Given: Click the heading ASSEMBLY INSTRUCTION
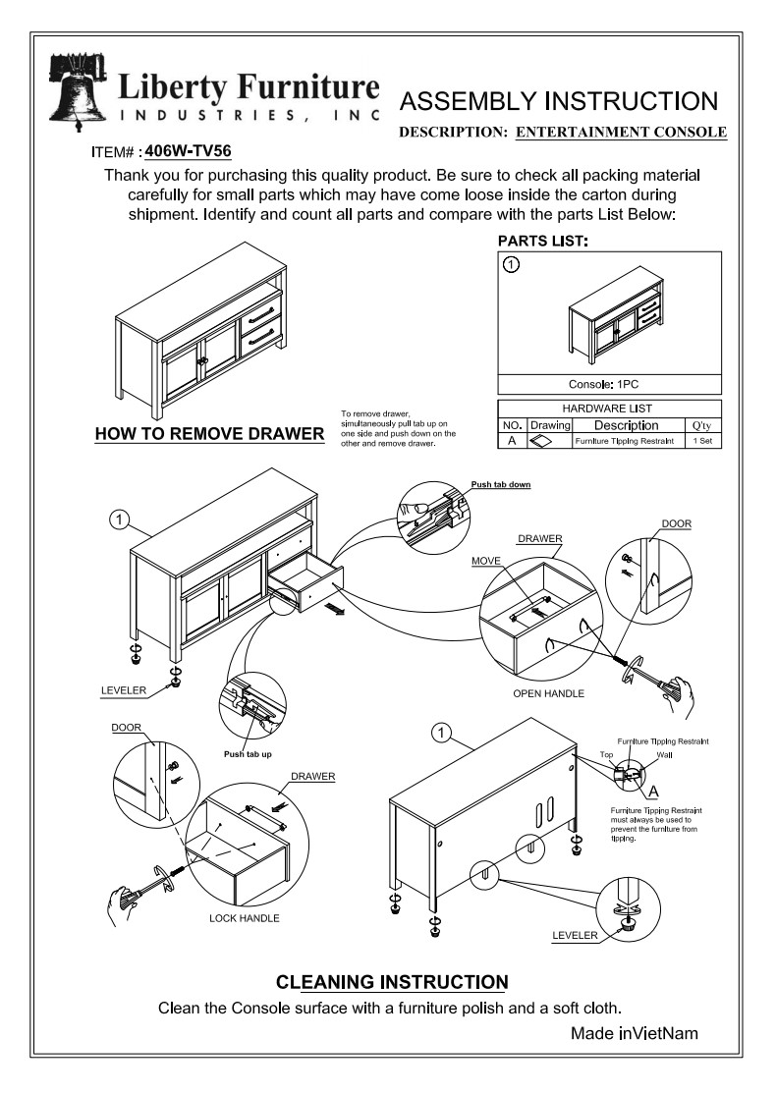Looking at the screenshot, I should click(x=561, y=101).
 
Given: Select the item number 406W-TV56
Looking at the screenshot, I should click(x=188, y=151).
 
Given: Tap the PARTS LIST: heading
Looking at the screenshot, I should click(x=542, y=241).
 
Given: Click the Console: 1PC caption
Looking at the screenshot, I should click(x=611, y=384).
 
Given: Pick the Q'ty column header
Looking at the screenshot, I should click(x=701, y=425).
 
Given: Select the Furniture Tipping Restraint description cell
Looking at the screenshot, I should click(x=625, y=441).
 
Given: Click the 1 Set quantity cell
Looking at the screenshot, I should click(x=701, y=441).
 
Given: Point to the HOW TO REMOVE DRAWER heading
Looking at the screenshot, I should click(x=209, y=433).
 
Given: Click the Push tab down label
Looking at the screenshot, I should click(x=501, y=484).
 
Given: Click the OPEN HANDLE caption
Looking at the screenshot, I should click(x=548, y=693).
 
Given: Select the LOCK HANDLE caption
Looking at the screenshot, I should click(x=245, y=918).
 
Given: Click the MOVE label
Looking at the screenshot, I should click(x=486, y=560).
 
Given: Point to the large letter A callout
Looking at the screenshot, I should click(x=653, y=790).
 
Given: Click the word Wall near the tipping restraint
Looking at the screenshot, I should click(x=664, y=755).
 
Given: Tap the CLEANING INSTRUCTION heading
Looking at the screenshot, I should click(x=392, y=982).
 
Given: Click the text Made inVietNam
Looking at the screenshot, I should click(x=635, y=1033).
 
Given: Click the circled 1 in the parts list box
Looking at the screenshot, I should click(x=511, y=264).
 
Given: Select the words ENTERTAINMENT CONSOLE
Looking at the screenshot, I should click(x=621, y=132).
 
